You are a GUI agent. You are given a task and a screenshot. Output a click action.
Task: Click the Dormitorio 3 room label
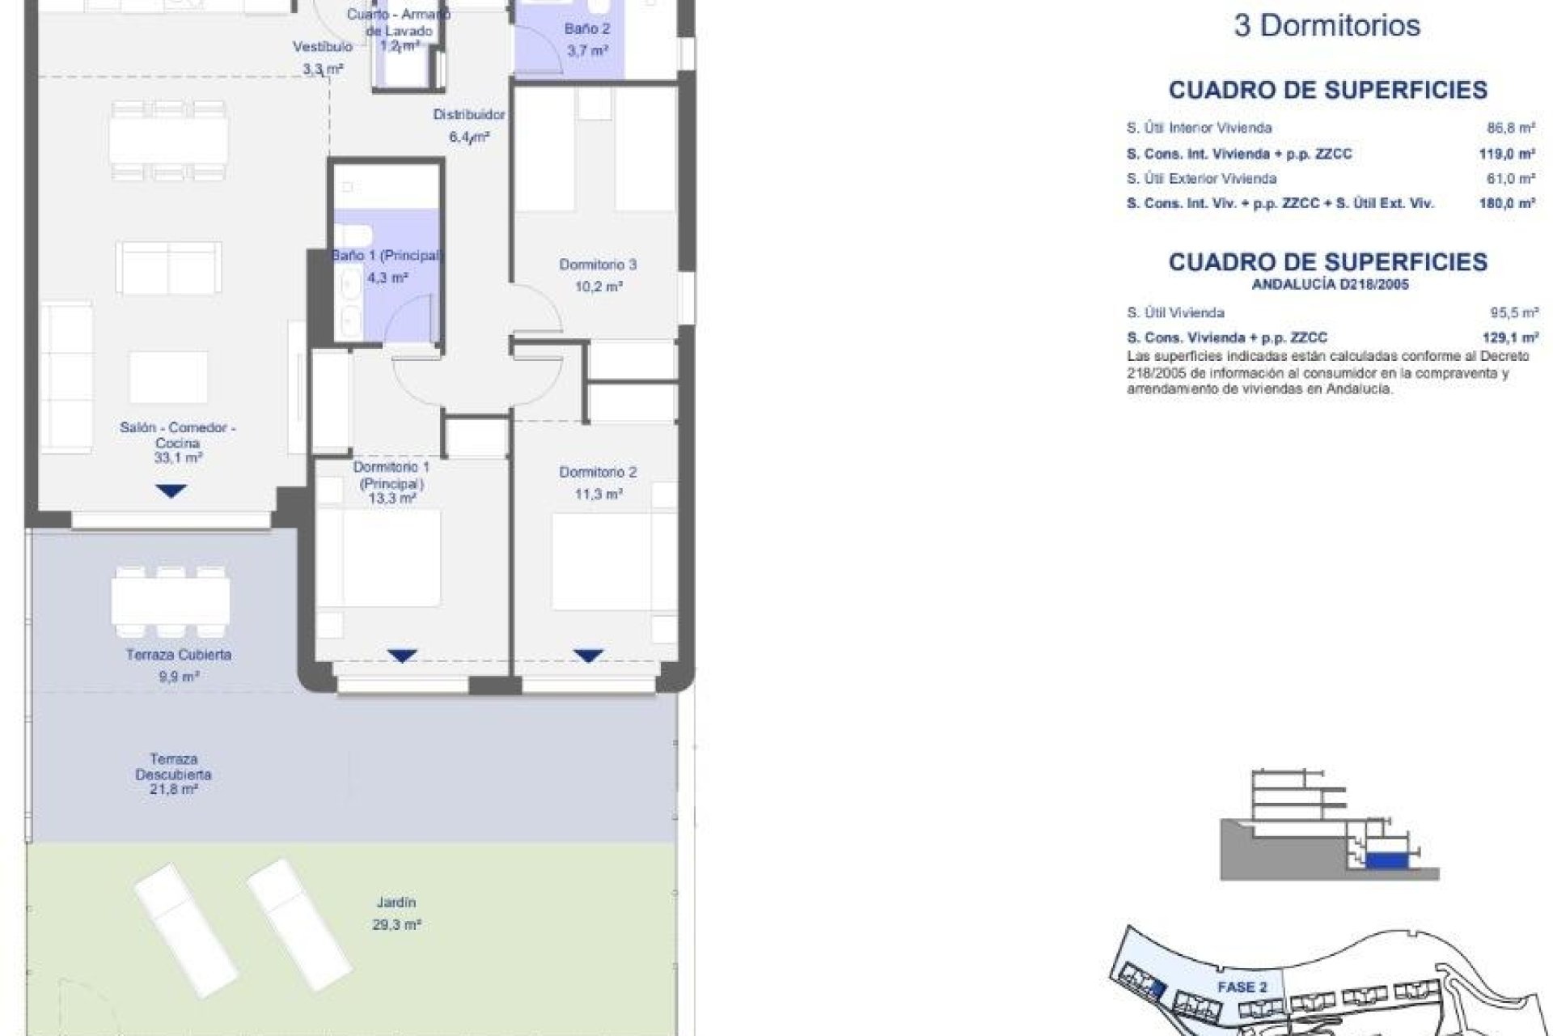[597, 265]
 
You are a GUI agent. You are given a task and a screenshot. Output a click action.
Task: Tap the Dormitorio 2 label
[597, 472]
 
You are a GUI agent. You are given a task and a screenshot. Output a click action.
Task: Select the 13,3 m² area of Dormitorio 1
[392, 499]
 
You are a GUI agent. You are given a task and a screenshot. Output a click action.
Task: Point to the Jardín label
[396, 902]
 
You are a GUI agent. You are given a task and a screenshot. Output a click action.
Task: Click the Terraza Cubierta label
[178, 655]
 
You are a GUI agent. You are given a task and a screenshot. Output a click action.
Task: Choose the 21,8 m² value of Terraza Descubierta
[173, 789]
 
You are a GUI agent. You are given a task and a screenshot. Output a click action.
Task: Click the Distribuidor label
[468, 115]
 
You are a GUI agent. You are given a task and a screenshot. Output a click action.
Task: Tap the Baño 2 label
[587, 29]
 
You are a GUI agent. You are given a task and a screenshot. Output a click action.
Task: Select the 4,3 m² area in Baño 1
[387, 278]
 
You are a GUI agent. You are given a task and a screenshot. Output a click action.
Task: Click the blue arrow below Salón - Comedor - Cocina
[171, 490]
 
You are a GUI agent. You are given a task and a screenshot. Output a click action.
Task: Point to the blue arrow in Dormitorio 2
[588, 656]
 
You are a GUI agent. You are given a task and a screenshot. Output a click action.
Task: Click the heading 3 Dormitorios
[1327, 26]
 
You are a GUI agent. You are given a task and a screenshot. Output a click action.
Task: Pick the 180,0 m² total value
[1507, 204]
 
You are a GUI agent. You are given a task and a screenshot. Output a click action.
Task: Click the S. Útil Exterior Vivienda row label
[1201, 179]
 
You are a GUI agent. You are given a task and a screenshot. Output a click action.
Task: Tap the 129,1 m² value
[1510, 338]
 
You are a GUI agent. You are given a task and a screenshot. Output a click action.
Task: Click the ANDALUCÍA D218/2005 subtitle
[1330, 285]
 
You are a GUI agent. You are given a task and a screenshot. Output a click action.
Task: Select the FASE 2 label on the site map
[1242, 987]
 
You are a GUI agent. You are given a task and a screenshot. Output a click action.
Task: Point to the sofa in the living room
[168, 267]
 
